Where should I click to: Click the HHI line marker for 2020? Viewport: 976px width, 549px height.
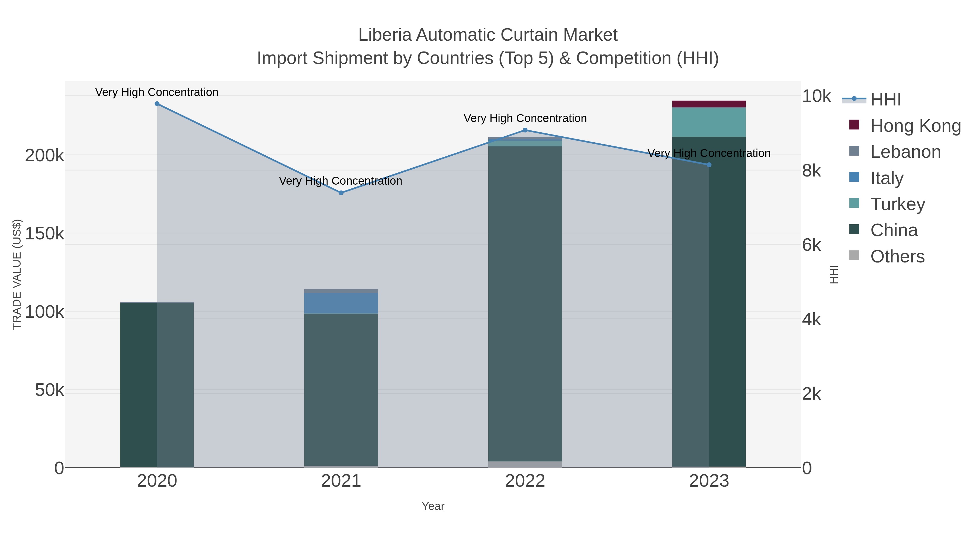pos(157,104)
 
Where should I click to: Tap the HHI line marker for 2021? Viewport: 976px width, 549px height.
pos(341,193)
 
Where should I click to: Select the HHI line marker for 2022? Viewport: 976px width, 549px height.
pos(525,130)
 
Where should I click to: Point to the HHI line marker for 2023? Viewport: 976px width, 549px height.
pos(709,165)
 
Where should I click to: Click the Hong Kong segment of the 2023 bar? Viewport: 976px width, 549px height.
pos(709,104)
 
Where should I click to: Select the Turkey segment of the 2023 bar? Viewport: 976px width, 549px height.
pos(709,122)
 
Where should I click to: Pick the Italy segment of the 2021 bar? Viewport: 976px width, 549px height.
pos(341,303)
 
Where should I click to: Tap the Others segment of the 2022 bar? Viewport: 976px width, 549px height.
pos(525,464)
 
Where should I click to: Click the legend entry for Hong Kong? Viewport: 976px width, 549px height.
pos(915,126)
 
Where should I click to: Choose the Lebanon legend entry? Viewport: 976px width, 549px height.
pos(906,152)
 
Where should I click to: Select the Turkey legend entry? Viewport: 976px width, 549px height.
pos(898,204)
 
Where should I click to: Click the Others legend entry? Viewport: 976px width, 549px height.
pos(897,256)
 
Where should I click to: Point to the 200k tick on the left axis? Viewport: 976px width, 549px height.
pos(44,156)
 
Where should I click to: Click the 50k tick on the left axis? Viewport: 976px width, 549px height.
pos(49,390)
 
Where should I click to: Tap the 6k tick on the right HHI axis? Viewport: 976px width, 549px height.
pos(811,245)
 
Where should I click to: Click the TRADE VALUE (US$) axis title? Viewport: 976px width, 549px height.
pos(17,274)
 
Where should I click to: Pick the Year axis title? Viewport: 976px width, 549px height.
pos(433,506)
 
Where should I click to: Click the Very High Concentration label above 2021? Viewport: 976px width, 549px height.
pos(341,181)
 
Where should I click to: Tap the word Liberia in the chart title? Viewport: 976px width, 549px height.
pos(384,35)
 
